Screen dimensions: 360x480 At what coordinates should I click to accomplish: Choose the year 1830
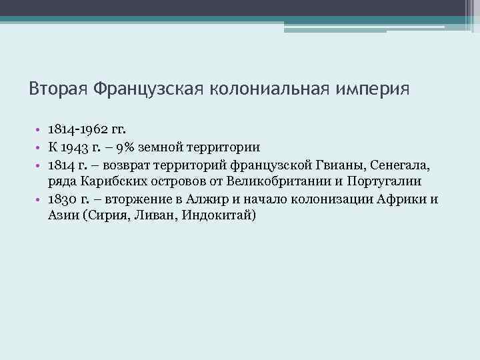[62, 199]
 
